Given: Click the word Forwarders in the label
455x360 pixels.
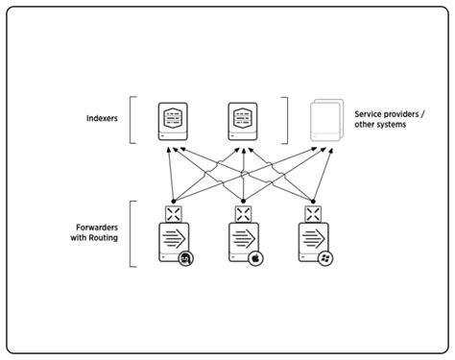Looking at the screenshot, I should click(98, 228).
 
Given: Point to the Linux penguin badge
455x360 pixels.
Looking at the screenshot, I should click(185, 259).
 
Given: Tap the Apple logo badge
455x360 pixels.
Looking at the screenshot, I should click(257, 259).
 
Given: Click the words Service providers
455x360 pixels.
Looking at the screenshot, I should click(391, 112).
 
